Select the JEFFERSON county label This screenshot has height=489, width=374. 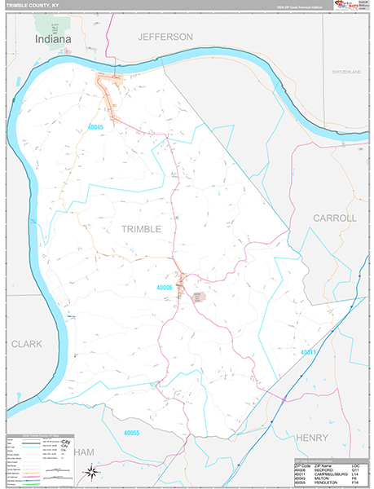[165, 37]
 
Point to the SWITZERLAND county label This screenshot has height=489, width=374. [345, 73]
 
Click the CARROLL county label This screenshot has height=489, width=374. [335, 218]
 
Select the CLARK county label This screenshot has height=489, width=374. [26, 344]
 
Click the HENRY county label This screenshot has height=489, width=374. [312, 438]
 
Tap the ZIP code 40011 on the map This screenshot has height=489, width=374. [307, 352]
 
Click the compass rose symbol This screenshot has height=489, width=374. [92, 471]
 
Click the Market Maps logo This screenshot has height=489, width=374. [352, 7]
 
